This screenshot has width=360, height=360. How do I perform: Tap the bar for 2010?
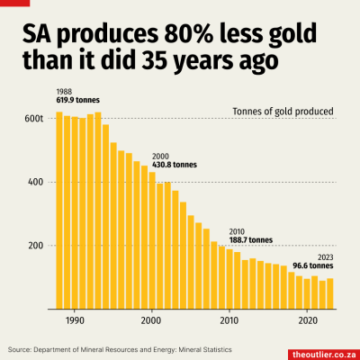(229, 279)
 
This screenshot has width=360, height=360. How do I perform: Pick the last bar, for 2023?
(330, 293)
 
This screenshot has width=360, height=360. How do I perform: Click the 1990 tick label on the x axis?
(75, 319)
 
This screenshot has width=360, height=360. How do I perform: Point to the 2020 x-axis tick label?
(307, 319)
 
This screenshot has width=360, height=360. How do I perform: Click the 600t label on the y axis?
(34, 118)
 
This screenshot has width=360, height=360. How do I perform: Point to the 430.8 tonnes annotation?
(175, 166)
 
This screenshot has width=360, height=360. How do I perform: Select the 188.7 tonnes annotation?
(251, 241)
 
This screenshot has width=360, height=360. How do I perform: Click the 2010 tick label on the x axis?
(229, 319)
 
